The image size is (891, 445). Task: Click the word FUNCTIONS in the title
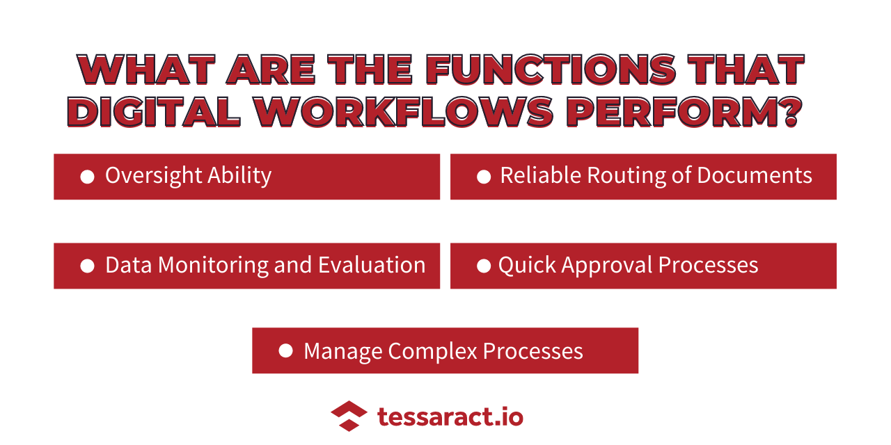(551, 70)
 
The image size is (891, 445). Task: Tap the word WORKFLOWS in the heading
(404, 112)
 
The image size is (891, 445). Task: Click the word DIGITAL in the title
(155, 112)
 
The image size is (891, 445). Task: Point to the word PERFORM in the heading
(670, 112)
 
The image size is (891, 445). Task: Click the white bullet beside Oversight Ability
(88, 177)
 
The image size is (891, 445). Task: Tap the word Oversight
(154, 176)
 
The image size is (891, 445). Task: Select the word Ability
(239, 176)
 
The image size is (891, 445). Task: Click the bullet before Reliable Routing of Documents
(484, 177)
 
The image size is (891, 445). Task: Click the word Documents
(755, 175)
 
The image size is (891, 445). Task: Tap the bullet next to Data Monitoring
(88, 266)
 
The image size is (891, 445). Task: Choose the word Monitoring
(214, 265)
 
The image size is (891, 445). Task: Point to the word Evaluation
(372, 265)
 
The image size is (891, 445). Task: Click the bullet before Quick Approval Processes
(484, 266)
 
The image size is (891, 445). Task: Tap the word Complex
(433, 351)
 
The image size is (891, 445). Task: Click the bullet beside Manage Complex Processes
(285, 350)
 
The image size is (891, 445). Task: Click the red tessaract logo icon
(349, 416)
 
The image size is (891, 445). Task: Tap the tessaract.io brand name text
(450, 416)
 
